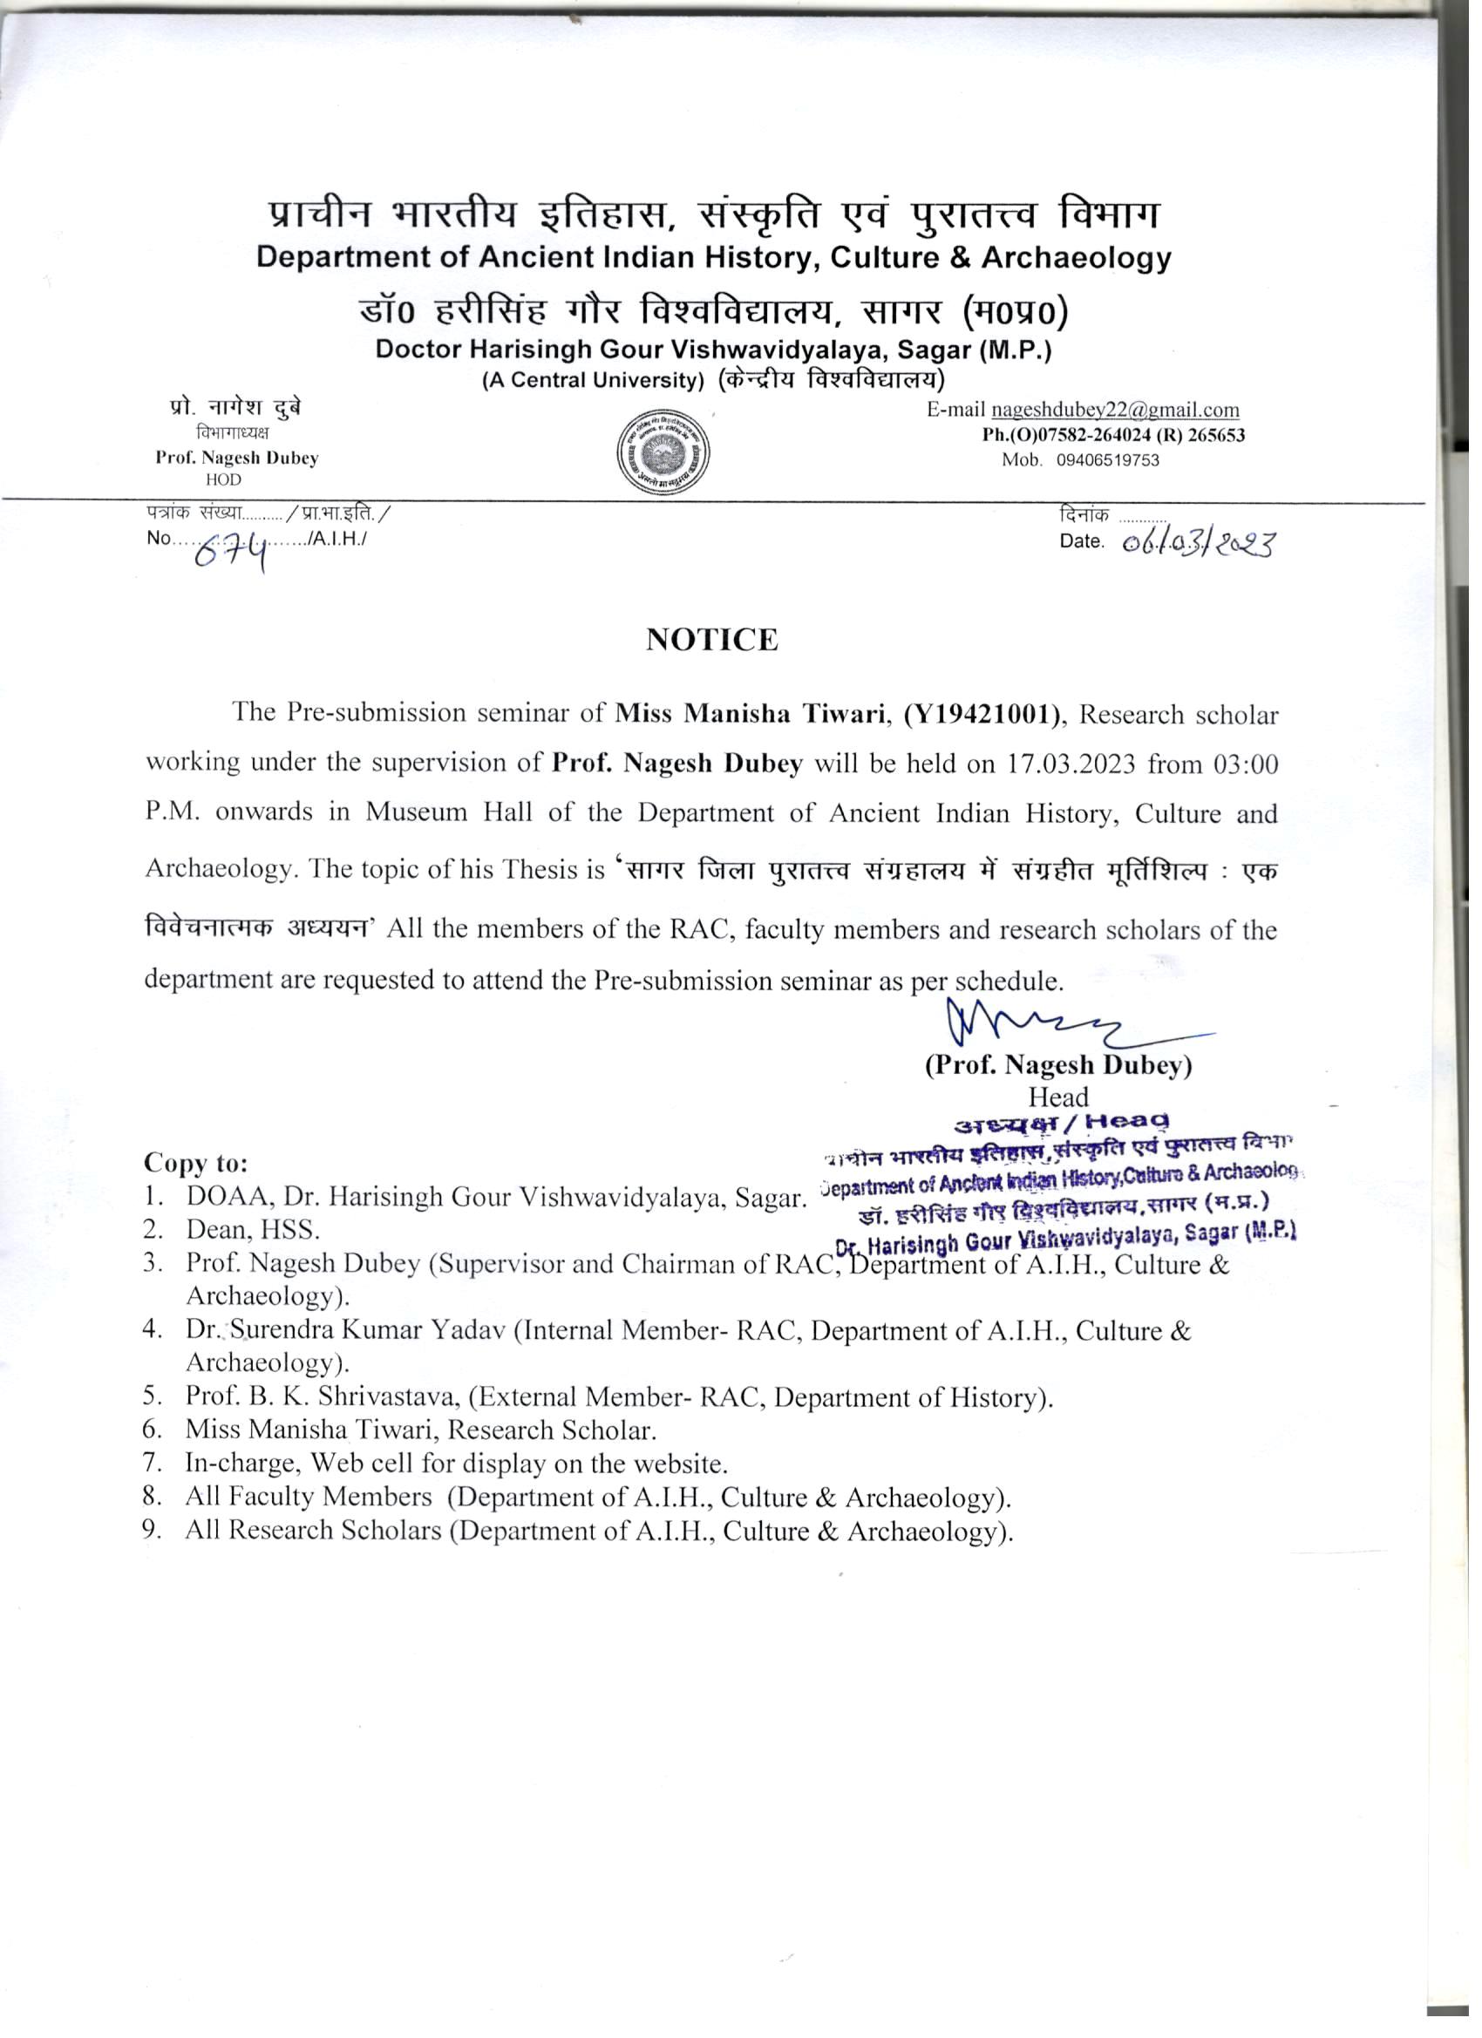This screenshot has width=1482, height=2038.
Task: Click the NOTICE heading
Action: click(711, 640)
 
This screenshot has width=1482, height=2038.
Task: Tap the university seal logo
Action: click(663, 449)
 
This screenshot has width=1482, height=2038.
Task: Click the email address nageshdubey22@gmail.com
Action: click(1114, 411)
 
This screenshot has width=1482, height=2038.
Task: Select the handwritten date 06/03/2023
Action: click(1198, 544)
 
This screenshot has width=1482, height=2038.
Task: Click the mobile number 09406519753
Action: click(1107, 461)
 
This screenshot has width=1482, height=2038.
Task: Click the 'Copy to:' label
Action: click(196, 1163)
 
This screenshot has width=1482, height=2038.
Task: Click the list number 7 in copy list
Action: click(151, 1463)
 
